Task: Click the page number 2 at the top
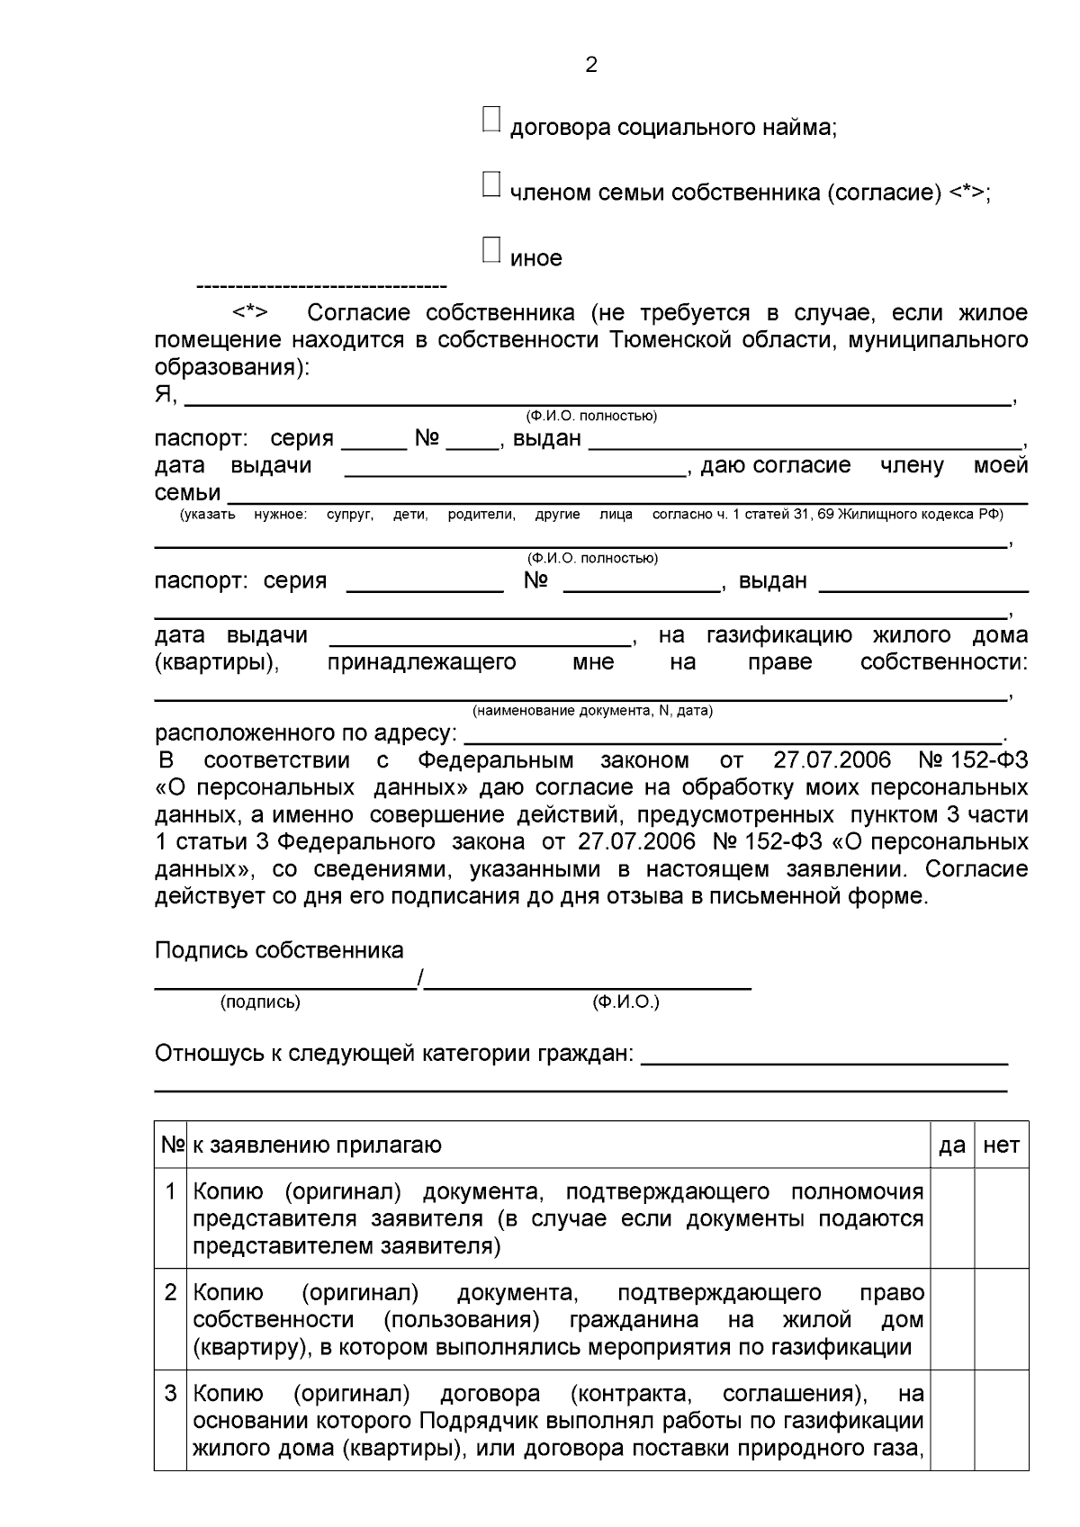pyautogui.click(x=591, y=65)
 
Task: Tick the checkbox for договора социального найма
pyautogui.click(x=491, y=120)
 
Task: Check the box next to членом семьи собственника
pyautogui.click(x=491, y=184)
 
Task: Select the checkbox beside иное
pyautogui.click(x=491, y=250)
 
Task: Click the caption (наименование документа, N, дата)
pyautogui.click(x=592, y=711)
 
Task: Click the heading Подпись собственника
pyautogui.click(x=279, y=950)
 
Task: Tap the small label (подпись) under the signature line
pyautogui.click(x=260, y=1002)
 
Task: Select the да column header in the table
pyautogui.click(x=952, y=1145)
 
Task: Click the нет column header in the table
pyautogui.click(x=1002, y=1145)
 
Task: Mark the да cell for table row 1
pyautogui.click(x=952, y=1218)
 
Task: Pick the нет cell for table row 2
pyautogui.click(x=1002, y=1319)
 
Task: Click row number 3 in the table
pyautogui.click(x=170, y=1394)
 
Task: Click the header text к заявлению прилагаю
pyautogui.click(x=317, y=1145)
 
